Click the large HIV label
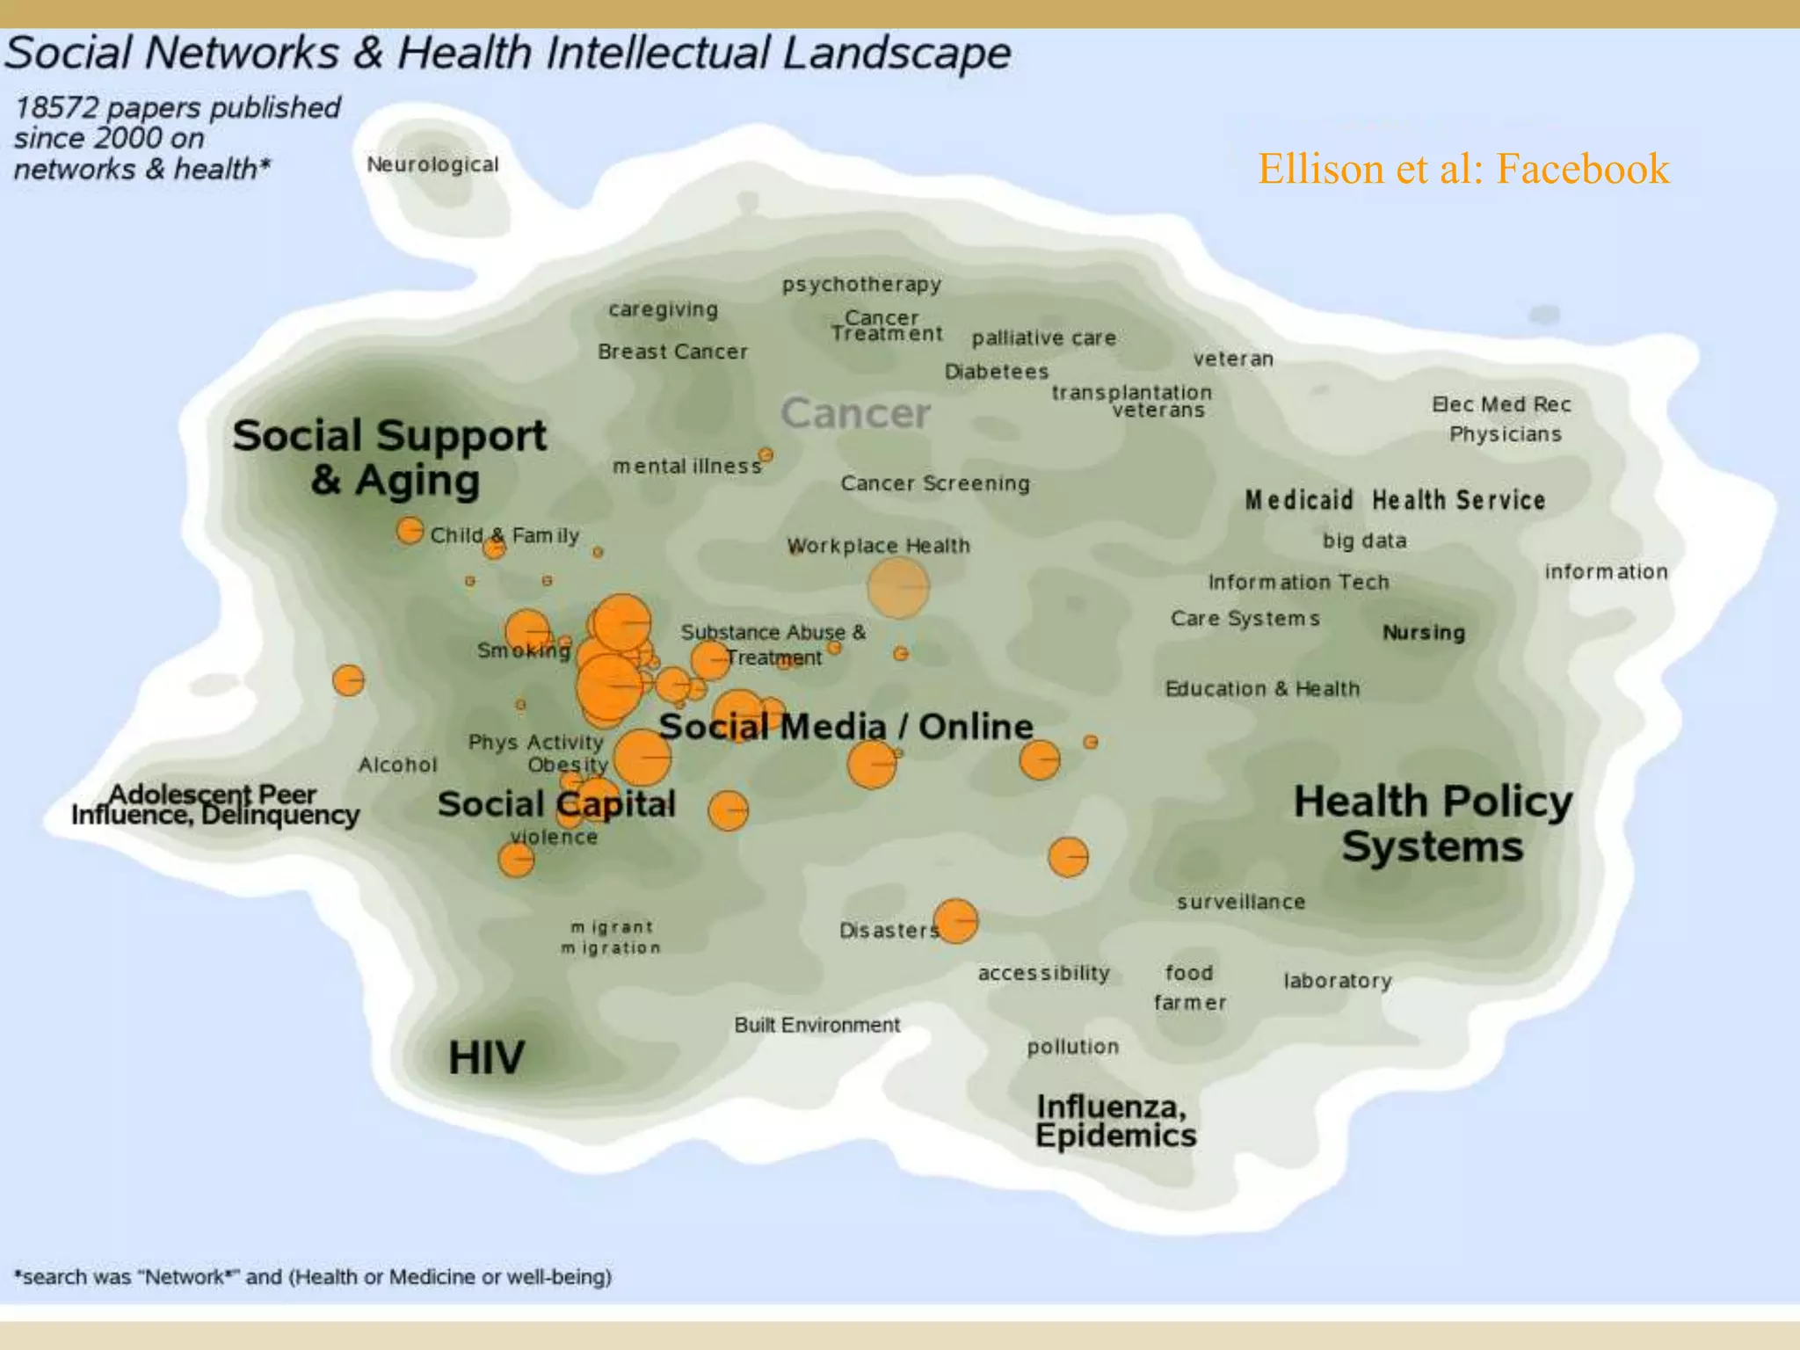click(x=486, y=1057)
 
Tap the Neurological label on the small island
click(x=432, y=164)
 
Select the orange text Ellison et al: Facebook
click(x=1462, y=169)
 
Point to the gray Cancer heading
click(x=855, y=413)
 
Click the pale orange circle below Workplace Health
click(x=897, y=587)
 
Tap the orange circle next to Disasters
click(x=955, y=921)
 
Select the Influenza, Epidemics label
click(x=1114, y=1121)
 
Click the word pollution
click(x=1072, y=1047)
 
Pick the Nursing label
click(x=1423, y=633)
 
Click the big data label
click(x=1364, y=541)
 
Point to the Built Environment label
click(x=817, y=1025)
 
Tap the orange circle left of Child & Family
click(x=410, y=531)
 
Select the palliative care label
click(x=1043, y=338)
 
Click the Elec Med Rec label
click(x=1500, y=404)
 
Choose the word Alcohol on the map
click(x=397, y=765)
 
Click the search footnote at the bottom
click(x=313, y=1276)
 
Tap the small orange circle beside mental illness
click(x=766, y=455)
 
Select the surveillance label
click(x=1240, y=902)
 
